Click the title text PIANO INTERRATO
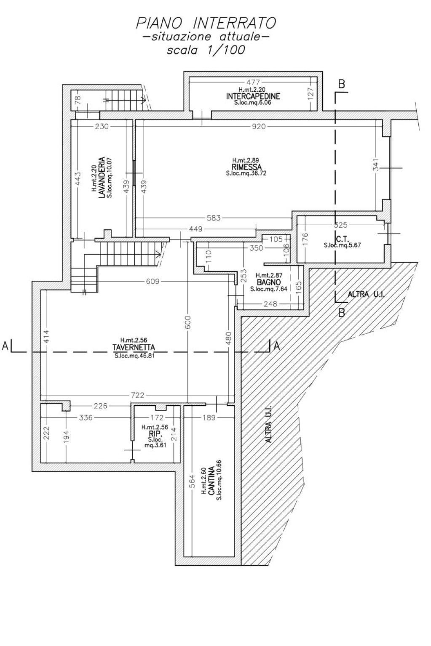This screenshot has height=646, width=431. click(206, 24)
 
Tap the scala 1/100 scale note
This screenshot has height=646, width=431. click(206, 50)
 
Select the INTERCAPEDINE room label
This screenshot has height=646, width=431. click(253, 96)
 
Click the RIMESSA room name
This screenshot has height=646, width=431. click(246, 167)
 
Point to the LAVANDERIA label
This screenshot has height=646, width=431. click(102, 177)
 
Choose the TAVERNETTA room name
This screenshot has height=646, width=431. click(134, 347)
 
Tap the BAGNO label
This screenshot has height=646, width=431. click(268, 282)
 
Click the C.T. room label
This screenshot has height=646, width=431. click(343, 239)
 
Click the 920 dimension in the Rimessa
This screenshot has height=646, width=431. click(258, 126)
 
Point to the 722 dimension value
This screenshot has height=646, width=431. click(137, 395)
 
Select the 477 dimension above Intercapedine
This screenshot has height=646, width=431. click(253, 82)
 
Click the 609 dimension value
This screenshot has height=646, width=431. click(152, 281)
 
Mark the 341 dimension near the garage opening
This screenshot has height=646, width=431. click(376, 165)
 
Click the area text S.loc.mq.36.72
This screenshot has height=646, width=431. click(246, 173)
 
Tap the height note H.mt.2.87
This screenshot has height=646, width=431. click(269, 275)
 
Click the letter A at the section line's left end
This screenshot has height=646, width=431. click(5, 346)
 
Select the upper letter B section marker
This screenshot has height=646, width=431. click(342, 84)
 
